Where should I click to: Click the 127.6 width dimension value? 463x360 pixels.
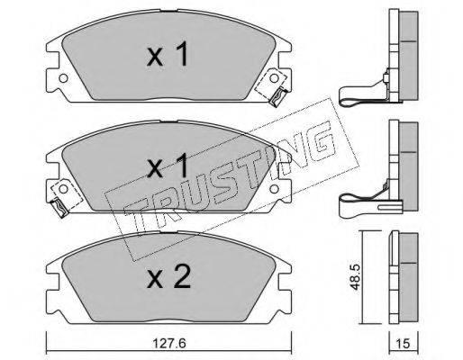168,344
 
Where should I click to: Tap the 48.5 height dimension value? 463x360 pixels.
355,277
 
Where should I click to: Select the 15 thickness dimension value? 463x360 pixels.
403,344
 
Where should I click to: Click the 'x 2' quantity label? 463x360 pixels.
168,276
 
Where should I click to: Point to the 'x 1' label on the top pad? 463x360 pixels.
168,54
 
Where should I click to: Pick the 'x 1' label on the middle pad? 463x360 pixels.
168,165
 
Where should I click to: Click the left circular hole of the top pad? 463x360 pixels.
63,78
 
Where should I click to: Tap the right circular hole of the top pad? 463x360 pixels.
274,78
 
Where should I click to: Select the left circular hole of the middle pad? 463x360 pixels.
63,189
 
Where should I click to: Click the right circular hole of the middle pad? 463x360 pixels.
274,189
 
